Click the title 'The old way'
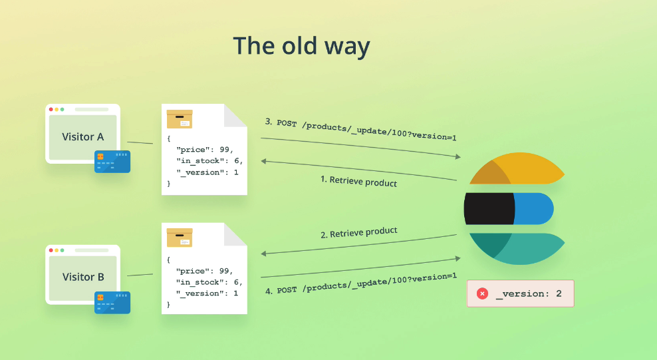[301, 46]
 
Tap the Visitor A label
[83, 137]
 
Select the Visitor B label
[83, 277]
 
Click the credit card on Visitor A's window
[112, 162]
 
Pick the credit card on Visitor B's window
[112, 303]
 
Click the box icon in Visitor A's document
[180, 119]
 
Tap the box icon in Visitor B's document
[180, 238]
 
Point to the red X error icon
[482, 293]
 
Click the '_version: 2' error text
[529, 293]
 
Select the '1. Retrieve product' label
[358, 181]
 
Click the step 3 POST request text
[360, 129]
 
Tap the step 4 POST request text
[361, 283]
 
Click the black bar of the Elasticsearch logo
[489, 209]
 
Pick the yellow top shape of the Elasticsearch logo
[518, 168]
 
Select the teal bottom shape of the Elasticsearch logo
[518, 249]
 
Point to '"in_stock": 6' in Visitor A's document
[208, 161]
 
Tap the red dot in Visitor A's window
[51, 109]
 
